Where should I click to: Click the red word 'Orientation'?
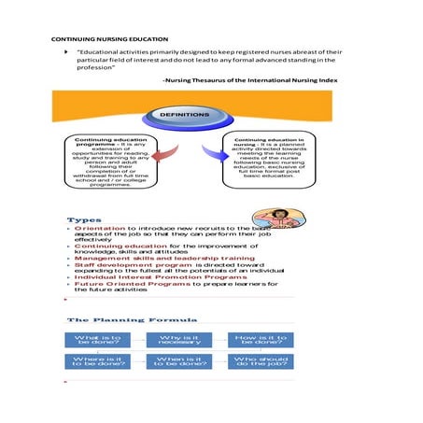click(99, 228)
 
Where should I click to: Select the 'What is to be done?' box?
click(97, 341)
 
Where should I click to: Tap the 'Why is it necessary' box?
click(180, 341)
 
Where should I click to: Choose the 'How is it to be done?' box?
click(261, 341)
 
